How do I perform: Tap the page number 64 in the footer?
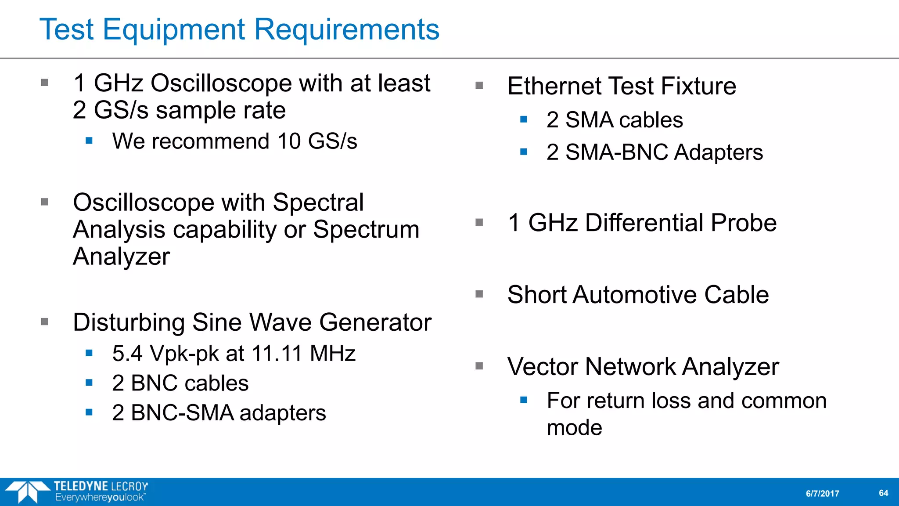click(883, 493)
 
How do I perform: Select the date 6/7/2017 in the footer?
click(822, 493)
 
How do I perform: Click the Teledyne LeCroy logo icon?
click(27, 492)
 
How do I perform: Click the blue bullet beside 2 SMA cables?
click(523, 119)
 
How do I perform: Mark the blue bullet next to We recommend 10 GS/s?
click(89, 141)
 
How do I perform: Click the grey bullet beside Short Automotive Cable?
click(479, 294)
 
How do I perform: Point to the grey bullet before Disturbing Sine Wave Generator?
click(44, 322)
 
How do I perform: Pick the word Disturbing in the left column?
click(129, 322)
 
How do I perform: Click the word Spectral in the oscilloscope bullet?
click(318, 202)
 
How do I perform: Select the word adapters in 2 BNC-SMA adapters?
click(282, 413)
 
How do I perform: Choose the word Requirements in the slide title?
click(347, 30)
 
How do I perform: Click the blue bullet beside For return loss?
click(523, 400)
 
